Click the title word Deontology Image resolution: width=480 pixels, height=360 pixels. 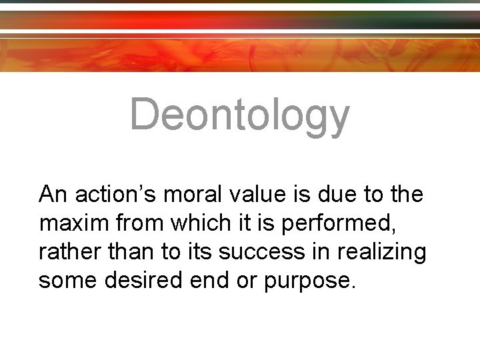click(x=239, y=114)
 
